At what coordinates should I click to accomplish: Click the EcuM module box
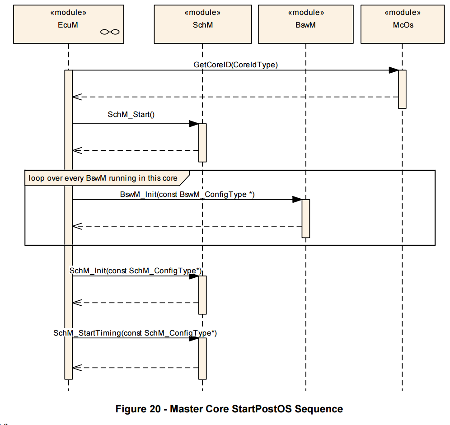(69, 24)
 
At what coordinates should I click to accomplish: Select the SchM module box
(203, 24)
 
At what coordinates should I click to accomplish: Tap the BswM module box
(305, 24)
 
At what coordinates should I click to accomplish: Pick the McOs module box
(403, 24)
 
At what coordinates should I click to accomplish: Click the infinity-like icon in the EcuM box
(110, 32)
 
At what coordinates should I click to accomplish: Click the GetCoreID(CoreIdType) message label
(236, 65)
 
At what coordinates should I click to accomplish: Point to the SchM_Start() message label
(131, 115)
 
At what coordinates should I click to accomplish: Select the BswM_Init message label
(187, 194)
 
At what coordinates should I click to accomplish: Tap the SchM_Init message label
(136, 271)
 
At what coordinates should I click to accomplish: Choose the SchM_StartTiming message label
(135, 333)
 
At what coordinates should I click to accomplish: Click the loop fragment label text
(103, 178)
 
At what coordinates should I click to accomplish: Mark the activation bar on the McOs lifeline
(402, 89)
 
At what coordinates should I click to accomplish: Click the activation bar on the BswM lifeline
(305, 219)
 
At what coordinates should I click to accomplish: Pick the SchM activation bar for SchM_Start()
(202, 143)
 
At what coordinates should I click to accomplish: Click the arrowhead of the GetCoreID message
(394, 70)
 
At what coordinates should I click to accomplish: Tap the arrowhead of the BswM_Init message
(297, 200)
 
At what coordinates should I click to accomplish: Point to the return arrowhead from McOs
(77, 97)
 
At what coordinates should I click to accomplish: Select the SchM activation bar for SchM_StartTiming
(202, 359)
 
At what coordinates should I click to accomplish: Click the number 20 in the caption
(155, 409)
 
